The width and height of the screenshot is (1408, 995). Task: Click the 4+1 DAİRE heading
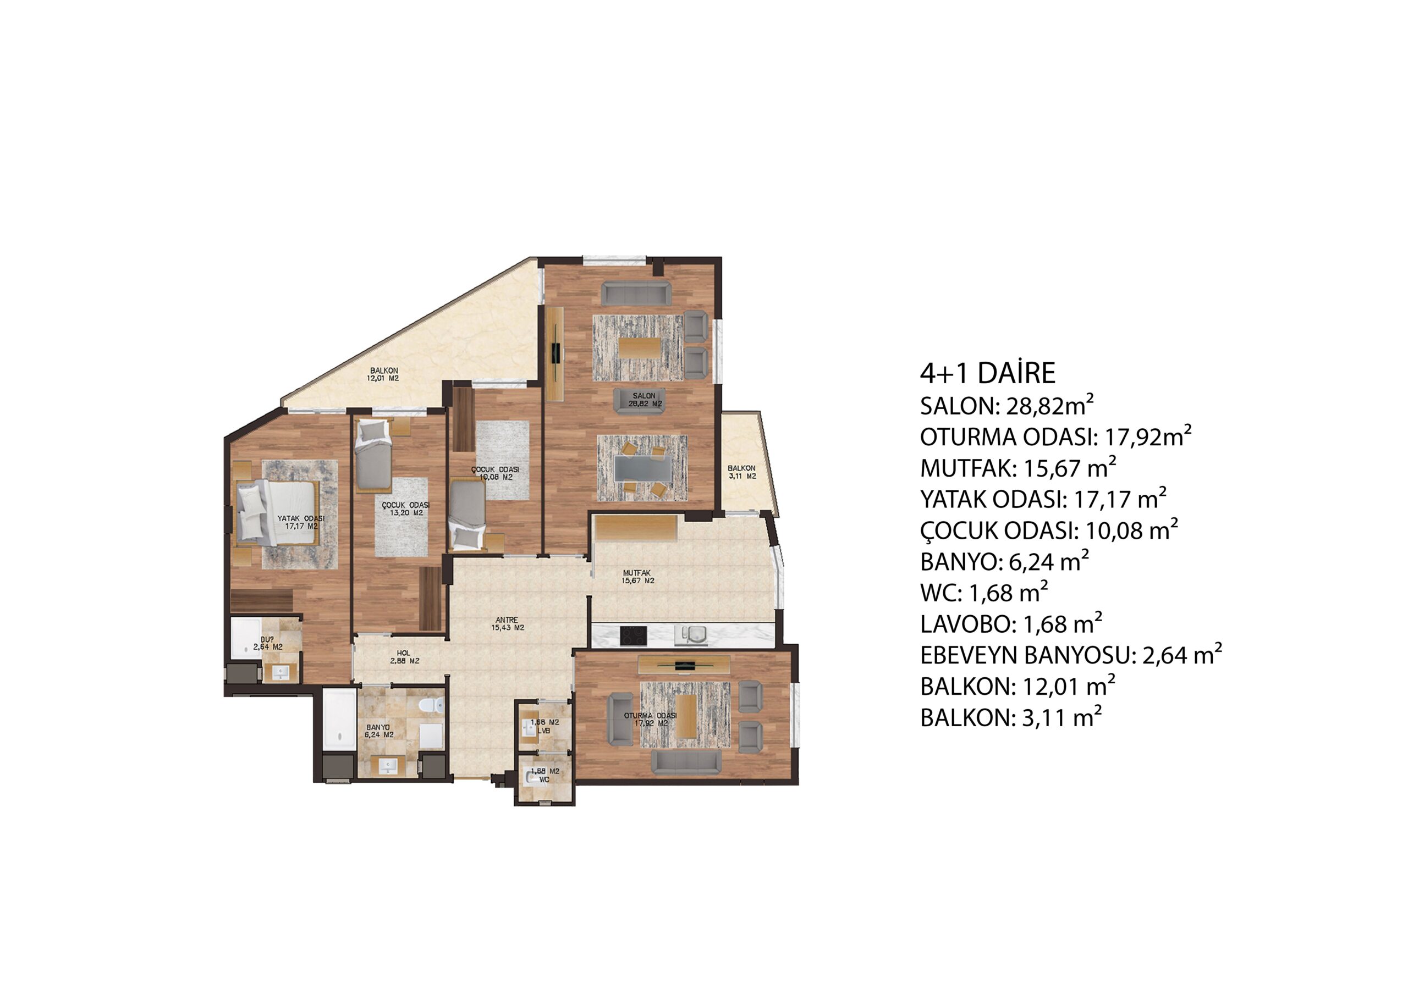tap(987, 373)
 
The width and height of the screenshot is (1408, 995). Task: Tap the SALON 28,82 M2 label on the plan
tap(644, 400)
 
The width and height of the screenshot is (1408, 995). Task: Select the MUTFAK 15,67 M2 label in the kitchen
tap(638, 577)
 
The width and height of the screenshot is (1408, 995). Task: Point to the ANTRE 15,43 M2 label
tap(507, 623)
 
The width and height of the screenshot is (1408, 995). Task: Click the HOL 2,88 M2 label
tap(404, 656)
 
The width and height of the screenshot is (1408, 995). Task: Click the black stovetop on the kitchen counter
tap(633, 635)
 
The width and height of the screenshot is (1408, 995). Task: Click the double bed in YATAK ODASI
tap(277, 512)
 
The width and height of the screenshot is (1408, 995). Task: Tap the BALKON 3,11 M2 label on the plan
tap(742, 472)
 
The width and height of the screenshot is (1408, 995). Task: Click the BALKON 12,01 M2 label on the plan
tap(384, 374)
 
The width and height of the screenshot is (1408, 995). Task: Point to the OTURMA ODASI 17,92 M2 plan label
tap(651, 719)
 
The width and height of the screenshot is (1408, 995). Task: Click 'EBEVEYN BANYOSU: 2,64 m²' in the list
tap(1071, 655)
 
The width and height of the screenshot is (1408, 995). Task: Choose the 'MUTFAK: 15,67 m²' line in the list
tap(1018, 468)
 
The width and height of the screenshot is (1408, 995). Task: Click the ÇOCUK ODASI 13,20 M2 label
tap(405, 508)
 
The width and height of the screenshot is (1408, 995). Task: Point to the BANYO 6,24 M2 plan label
tap(379, 730)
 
